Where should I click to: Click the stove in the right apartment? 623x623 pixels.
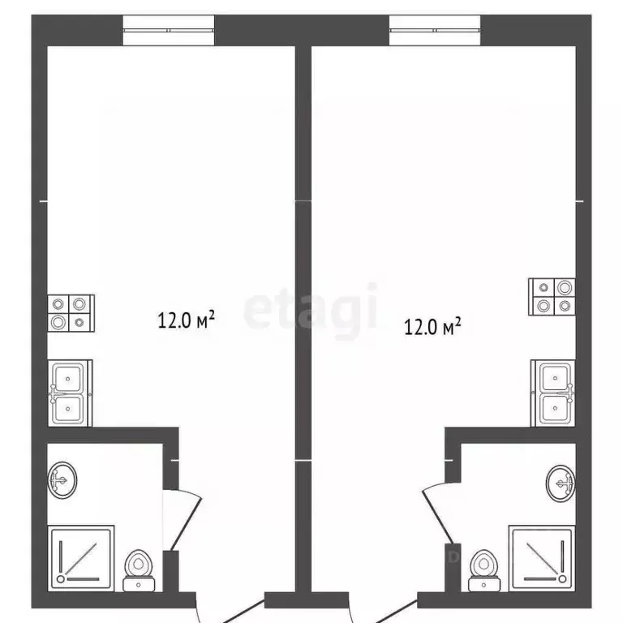click(552, 297)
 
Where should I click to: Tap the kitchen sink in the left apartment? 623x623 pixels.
click(71, 393)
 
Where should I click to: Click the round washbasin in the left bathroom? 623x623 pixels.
click(63, 480)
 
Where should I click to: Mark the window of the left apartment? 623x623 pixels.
click(168, 31)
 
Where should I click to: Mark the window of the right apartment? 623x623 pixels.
click(434, 31)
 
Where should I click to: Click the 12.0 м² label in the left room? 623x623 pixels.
click(186, 320)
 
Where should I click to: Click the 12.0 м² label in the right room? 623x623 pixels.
click(432, 326)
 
